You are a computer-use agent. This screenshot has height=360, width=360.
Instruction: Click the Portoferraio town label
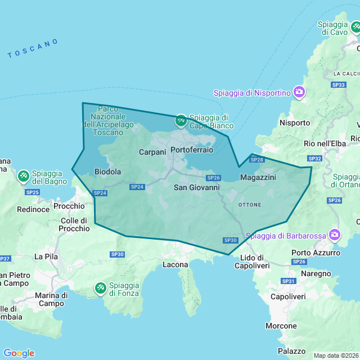[192, 150]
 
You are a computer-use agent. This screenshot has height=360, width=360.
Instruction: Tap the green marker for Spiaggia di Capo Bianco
[181, 120]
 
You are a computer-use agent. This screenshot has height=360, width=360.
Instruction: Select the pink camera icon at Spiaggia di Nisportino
[299, 92]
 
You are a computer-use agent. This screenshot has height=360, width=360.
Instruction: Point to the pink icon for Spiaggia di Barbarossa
[335, 234]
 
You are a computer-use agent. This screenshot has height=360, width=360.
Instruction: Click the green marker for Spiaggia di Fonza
[100, 288]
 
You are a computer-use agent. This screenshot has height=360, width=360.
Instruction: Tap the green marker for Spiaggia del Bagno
[24, 177]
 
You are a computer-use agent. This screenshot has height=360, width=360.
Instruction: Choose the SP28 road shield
[256, 160]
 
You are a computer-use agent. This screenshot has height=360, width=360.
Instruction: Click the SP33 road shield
[339, 85]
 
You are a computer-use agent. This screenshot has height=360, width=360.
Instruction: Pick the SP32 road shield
[315, 159]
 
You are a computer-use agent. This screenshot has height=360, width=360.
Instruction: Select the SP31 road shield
[289, 281]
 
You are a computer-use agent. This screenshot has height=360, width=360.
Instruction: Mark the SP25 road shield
[33, 192]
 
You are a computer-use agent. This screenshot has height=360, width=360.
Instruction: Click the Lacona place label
[175, 264]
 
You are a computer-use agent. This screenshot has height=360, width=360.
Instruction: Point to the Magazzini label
[258, 177]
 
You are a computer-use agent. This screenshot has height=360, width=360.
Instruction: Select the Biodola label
[108, 172]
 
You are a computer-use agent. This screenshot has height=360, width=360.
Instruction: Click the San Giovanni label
[196, 187]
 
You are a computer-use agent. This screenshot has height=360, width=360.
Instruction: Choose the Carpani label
[152, 152]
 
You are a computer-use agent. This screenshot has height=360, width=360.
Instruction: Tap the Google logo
[19, 353]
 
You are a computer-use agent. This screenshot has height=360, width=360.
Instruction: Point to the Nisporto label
[295, 123]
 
